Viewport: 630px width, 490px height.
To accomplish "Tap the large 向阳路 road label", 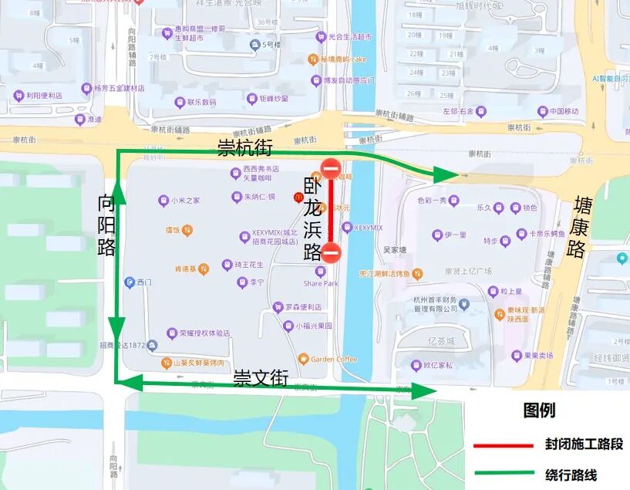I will point(106,225).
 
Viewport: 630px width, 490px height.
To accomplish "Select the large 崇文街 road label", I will point(261,378).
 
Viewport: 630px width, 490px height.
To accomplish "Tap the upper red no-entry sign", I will point(331,169).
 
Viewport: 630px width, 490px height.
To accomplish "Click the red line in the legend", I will point(504,446).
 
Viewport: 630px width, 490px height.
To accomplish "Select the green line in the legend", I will point(504,474).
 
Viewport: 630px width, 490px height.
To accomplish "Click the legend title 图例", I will point(539,411).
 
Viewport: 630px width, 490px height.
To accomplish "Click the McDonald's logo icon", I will point(298,198).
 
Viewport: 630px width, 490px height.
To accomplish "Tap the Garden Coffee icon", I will point(303,359).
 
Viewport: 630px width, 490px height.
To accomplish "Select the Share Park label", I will point(320,283).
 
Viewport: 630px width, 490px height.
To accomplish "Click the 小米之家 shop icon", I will point(163,201).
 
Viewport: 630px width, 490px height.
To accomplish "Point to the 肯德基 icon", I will point(204,269).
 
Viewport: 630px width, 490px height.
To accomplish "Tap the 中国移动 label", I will point(559,111).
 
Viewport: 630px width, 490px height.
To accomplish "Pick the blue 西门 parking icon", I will point(130,282).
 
